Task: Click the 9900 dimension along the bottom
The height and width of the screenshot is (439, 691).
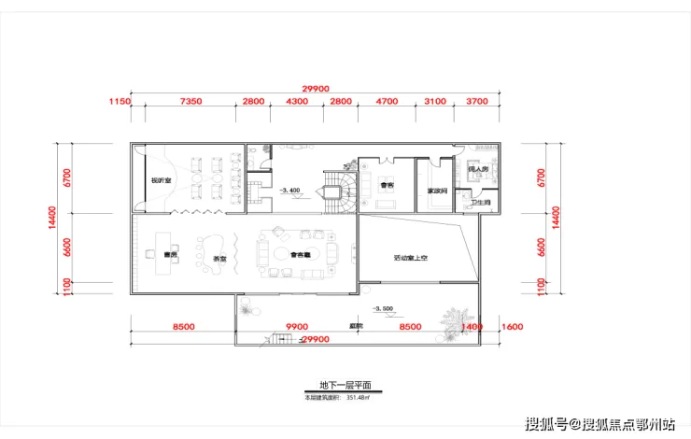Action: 297,327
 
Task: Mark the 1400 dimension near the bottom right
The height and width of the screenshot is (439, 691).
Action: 472,327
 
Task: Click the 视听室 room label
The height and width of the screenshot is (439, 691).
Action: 161,179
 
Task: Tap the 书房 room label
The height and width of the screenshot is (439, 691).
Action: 169,253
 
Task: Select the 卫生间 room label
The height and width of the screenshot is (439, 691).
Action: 480,203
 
